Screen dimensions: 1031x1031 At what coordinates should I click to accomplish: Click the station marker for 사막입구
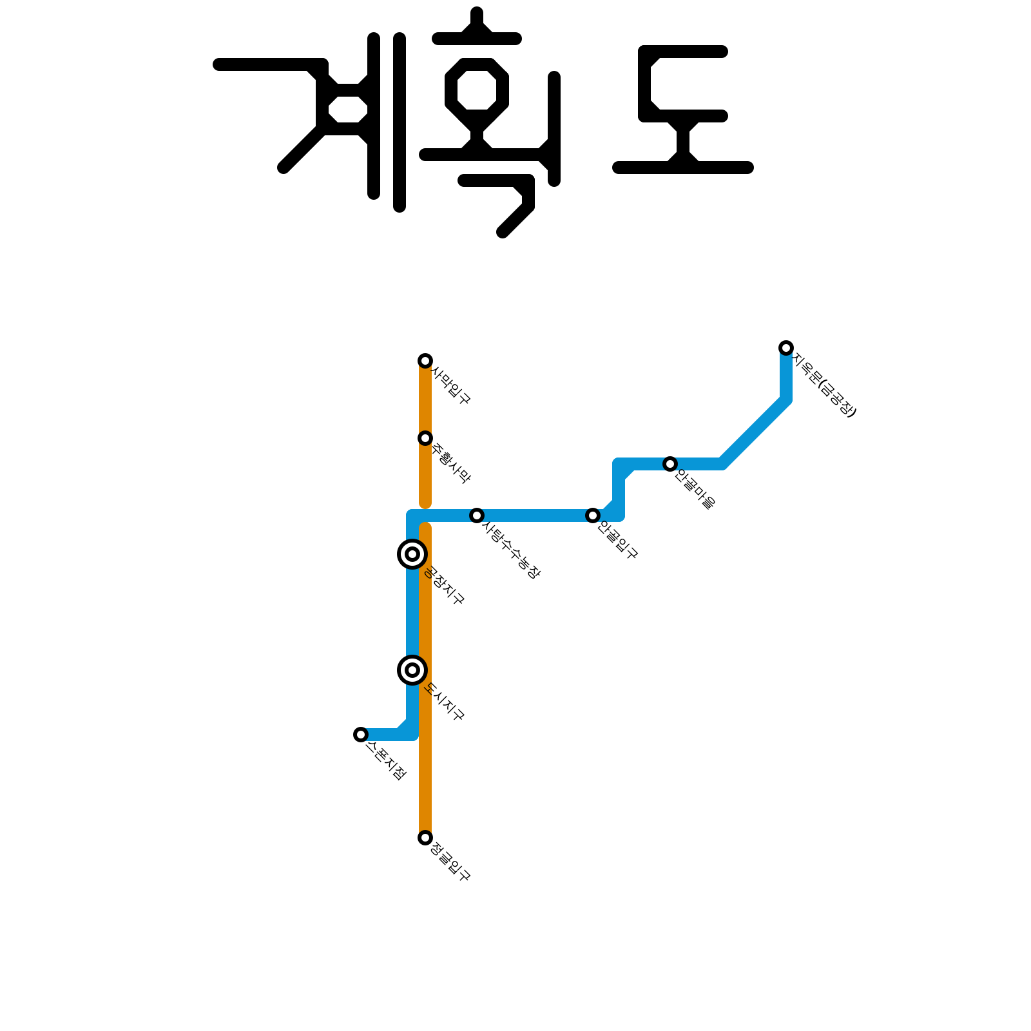pos(425,361)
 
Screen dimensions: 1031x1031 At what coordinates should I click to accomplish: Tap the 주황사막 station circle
pos(425,438)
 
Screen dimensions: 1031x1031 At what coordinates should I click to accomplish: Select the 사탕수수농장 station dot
pos(477,515)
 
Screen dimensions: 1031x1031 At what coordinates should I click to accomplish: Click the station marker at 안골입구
pos(593,515)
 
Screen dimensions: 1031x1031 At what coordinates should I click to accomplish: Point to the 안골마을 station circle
pos(670,464)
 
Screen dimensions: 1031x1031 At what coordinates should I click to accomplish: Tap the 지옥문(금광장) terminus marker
pos(786,348)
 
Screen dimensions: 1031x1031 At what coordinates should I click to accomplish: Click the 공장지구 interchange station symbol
pos(412,554)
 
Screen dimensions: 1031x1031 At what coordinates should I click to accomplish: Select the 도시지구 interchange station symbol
pos(412,670)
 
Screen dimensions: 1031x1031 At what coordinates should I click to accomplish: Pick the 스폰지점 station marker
pos(361,735)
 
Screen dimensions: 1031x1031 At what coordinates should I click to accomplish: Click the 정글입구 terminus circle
pos(425,838)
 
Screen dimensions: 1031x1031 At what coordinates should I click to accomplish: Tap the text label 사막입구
pos(452,386)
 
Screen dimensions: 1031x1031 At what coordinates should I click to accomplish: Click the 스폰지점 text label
pos(386,761)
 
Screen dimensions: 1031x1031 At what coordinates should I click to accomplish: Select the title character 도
pos(683,110)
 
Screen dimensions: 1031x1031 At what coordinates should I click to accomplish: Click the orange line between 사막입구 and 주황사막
pos(425,400)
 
